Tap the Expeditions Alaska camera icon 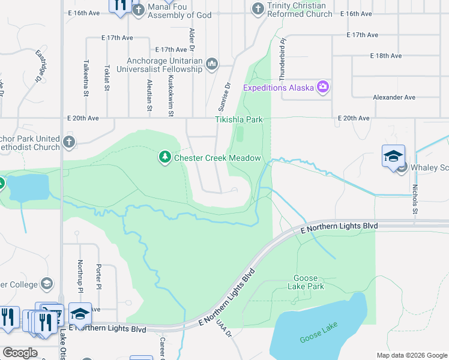pos(323,88)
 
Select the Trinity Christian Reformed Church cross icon pos(258,9)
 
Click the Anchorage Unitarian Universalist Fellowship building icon pos(211,64)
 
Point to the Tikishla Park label pos(239,119)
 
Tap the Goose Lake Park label pos(309,282)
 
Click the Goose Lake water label pos(319,332)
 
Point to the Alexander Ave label pos(394,97)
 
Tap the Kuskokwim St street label pos(171,95)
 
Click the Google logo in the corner pos(20,353)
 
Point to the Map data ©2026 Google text pos(411,355)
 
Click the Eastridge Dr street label pos(40,65)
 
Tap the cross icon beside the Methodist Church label pos(69,142)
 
